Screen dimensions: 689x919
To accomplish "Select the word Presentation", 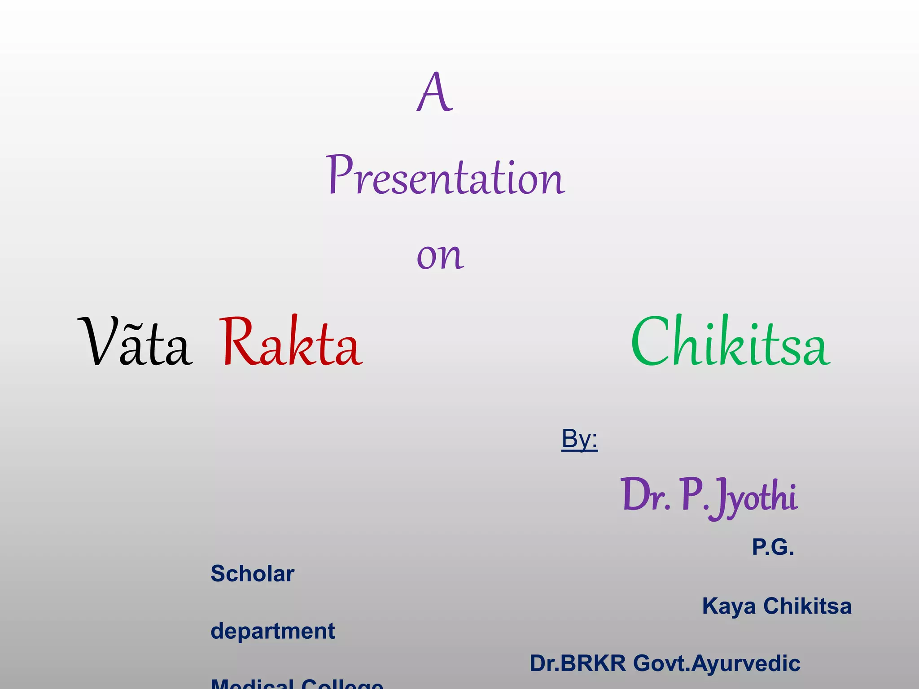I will (x=445, y=176).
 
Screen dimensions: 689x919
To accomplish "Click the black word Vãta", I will (x=135, y=342).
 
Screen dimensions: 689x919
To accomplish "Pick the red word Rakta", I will (x=291, y=342).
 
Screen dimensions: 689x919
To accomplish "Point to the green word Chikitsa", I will (x=731, y=342).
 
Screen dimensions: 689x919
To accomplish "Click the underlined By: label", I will (x=579, y=439).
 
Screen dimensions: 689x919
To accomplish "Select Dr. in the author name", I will (x=645, y=496).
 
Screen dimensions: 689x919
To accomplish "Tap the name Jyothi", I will (x=756, y=498).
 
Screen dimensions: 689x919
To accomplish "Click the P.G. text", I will (x=773, y=547).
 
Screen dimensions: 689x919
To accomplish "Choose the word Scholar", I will (x=252, y=574).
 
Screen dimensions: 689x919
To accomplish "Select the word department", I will (x=272, y=631).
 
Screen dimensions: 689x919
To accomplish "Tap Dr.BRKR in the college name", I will (x=578, y=663).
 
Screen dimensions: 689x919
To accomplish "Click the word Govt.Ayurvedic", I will (x=717, y=663).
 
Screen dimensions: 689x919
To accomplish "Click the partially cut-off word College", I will (x=342, y=684).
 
